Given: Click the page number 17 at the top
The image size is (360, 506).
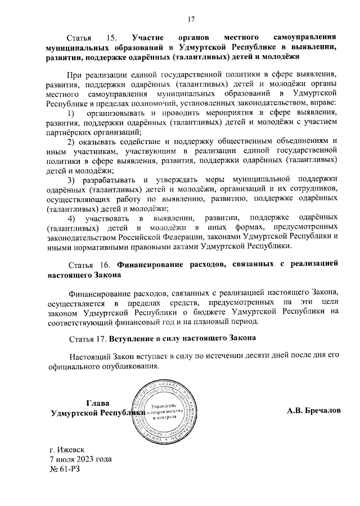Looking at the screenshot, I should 190,20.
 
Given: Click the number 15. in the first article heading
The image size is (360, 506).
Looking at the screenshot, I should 110,38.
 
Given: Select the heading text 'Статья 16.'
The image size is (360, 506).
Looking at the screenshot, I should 89,265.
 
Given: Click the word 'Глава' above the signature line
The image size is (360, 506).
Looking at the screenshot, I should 97,402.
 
